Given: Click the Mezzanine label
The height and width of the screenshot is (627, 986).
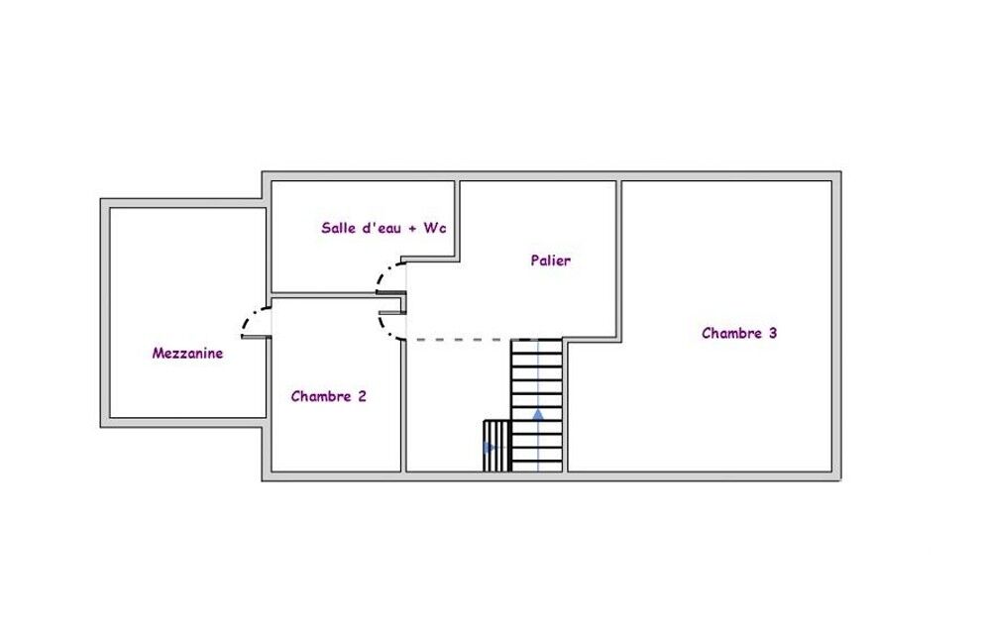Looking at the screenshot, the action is (x=187, y=353).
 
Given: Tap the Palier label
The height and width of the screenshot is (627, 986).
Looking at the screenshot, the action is (x=550, y=261).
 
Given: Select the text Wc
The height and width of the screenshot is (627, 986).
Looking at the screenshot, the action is (x=434, y=228).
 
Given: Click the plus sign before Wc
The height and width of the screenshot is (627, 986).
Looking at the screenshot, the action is (x=412, y=229).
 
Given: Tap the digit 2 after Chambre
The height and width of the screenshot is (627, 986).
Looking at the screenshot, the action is (x=362, y=396).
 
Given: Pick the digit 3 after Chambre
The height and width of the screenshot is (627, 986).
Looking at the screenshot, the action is (x=773, y=333).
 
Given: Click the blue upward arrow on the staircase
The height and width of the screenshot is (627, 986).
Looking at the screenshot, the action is (x=538, y=414).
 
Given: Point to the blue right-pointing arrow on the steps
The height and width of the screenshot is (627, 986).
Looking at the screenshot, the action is (x=490, y=448).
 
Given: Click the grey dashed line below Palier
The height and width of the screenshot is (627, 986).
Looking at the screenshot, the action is (x=459, y=340).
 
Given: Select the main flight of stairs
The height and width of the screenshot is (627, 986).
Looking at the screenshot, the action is (x=537, y=405).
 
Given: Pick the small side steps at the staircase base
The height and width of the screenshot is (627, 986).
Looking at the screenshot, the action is (x=496, y=446).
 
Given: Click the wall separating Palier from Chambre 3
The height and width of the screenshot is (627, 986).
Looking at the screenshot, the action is (x=618, y=261).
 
